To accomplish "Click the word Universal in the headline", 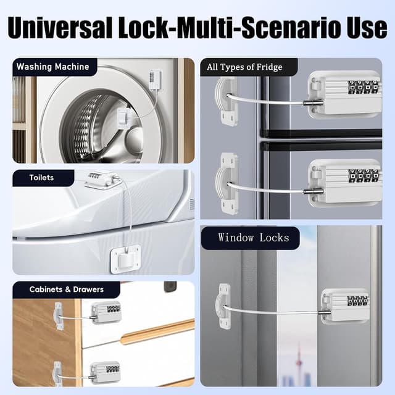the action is (60, 28).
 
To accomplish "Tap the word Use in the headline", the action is (367, 28).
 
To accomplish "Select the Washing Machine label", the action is (52, 67).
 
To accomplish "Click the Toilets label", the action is (41, 178).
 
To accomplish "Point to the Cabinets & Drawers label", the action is (67, 289).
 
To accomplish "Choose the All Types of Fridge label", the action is (244, 67).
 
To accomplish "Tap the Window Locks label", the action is (254, 238).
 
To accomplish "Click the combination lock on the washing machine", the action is (155, 79).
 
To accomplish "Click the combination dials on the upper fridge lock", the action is (364, 87).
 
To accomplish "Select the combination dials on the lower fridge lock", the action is (364, 176).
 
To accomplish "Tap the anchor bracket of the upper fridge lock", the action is (227, 101).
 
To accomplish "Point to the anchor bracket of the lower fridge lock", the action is (227, 184).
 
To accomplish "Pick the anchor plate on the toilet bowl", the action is (125, 259).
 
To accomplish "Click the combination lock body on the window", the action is (346, 306).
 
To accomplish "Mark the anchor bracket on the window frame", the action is (223, 306).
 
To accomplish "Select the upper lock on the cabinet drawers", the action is (106, 312).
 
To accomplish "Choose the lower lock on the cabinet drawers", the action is (105, 373).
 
